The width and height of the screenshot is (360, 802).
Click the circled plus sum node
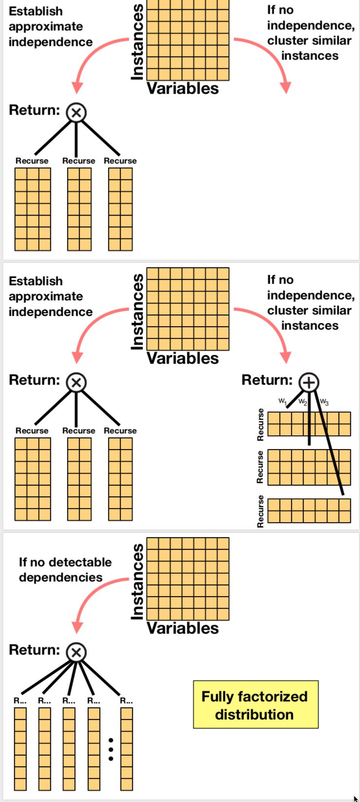tap(308, 383)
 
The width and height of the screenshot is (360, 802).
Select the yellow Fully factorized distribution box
tap(256, 704)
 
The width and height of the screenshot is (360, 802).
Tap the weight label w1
tap(282, 401)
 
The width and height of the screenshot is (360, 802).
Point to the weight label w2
tap(302, 402)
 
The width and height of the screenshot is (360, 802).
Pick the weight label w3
tap(324, 402)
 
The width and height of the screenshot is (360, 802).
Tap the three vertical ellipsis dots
tap(111, 749)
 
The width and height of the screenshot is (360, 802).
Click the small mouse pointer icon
tap(356, 798)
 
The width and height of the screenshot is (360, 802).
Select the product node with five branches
tap(76, 652)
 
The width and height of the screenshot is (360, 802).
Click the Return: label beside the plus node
tap(267, 380)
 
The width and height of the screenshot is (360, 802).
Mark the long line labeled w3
tap(329, 444)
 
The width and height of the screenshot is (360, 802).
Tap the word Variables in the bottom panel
tap(182, 628)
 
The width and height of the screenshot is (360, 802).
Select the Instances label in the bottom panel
tap(138, 582)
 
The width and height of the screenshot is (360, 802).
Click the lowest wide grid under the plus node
tap(309, 510)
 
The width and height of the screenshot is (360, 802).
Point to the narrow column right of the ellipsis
tap(127, 749)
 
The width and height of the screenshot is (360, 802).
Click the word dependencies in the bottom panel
tap(60, 577)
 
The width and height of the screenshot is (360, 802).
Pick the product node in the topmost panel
tap(76, 113)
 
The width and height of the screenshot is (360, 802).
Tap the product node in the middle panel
tap(76, 383)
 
